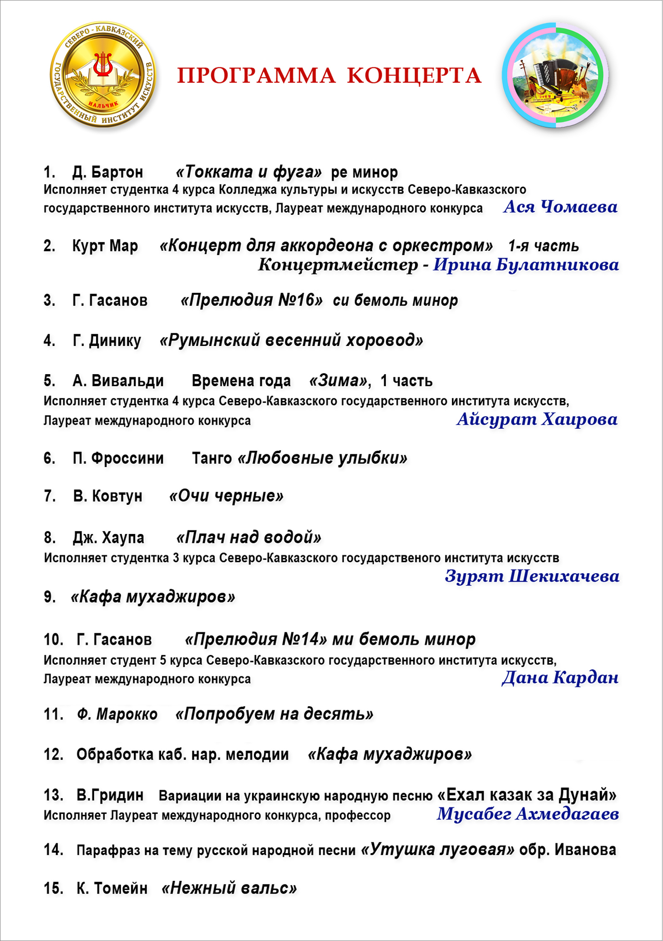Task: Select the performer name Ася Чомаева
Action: point(560,207)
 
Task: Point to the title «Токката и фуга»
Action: point(248,172)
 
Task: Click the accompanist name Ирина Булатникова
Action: point(526,265)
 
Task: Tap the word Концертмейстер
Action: point(338,265)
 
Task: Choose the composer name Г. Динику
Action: point(107,341)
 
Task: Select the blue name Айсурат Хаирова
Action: point(537,419)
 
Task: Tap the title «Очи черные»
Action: point(226,496)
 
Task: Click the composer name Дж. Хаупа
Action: point(108,538)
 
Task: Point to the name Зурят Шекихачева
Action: point(532,576)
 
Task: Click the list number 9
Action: point(49,597)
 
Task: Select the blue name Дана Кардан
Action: point(560,678)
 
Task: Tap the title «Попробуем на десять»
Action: point(274,714)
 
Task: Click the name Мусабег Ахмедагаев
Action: point(528,814)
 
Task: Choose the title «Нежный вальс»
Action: point(229,888)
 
